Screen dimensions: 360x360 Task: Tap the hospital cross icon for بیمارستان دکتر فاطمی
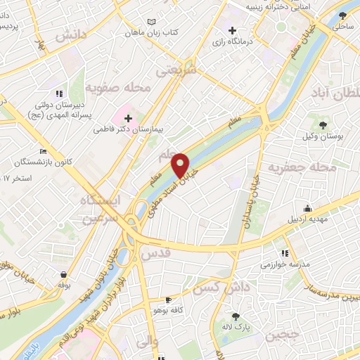click(x=127, y=119)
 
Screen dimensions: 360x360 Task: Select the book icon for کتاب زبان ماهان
click(x=152, y=22)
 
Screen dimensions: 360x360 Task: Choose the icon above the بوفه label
click(x=64, y=274)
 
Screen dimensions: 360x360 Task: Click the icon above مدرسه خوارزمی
click(x=285, y=253)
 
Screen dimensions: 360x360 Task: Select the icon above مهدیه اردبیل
click(x=307, y=207)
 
